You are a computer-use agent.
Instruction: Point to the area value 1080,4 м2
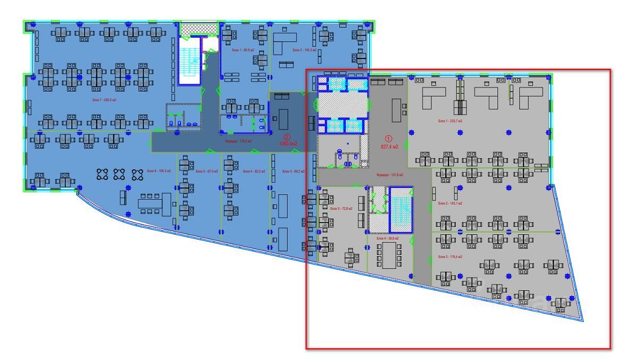tap(288, 144)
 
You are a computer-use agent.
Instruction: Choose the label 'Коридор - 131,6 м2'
tap(390, 175)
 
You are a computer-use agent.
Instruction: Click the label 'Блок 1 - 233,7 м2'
tap(450, 121)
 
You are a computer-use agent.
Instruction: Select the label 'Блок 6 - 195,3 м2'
tap(159, 171)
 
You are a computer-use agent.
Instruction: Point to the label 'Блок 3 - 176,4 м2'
tap(450, 257)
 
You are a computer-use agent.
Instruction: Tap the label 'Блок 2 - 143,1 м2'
tap(450, 203)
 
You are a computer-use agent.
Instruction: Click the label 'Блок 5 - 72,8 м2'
tap(342, 208)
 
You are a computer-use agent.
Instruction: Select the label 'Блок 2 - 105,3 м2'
tap(305, 50)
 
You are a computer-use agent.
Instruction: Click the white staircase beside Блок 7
tap(189, 61)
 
